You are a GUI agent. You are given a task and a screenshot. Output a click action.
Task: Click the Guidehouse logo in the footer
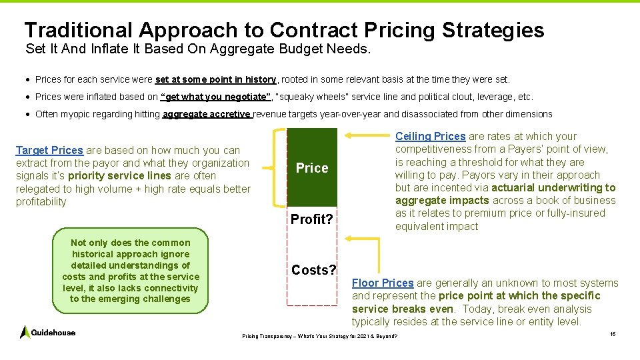coord(47,332)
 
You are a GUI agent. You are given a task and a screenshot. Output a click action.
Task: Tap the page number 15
coord(613,333)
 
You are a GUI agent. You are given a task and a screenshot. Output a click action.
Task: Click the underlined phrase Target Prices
coord(49,151)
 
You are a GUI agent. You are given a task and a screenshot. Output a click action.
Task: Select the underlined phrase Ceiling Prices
coord(430,136)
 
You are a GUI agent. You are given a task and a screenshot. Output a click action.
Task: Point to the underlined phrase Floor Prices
coord(383,283)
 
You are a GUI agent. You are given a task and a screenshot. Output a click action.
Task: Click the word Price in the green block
coord(312,168)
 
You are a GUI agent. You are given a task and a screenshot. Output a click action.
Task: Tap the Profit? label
coord(311,219)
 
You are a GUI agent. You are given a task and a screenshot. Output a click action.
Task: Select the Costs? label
coord(314,270)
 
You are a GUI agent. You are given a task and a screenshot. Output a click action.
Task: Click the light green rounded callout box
coord(130,271)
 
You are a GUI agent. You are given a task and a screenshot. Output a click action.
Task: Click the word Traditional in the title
coord(79,30)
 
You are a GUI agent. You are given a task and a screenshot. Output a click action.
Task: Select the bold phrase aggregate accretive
coord(207,114)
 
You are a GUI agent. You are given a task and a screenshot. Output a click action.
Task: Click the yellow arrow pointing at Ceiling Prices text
coord(369,136)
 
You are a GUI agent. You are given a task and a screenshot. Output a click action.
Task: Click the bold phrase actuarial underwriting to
coord(553,187)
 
